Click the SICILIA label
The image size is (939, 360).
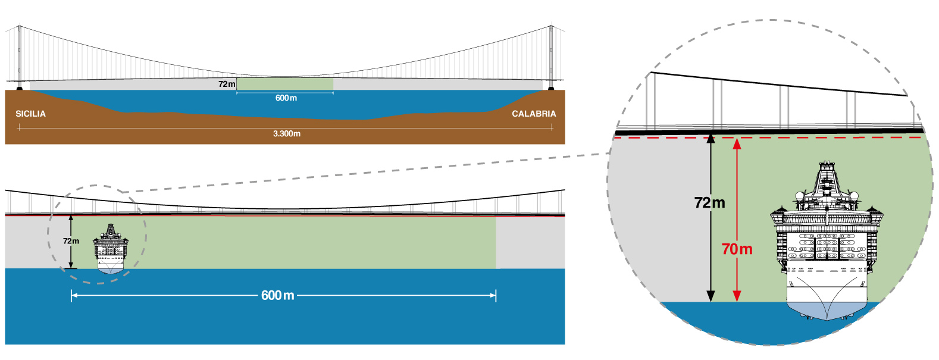coord(30,114)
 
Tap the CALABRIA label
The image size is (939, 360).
coord(534,114)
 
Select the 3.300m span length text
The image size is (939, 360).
coord(287,134)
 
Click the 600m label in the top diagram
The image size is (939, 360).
coord(286,98)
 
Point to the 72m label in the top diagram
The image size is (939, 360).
coord(227,84)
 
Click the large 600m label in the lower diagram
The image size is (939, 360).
coord(278,295)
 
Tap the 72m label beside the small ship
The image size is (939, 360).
coord(71,241)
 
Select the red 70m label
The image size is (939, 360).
coord(737,249)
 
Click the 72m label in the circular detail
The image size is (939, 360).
coord(710,203)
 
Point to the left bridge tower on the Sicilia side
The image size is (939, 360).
coord(20,57)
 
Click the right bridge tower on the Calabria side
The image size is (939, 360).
coord(551,57)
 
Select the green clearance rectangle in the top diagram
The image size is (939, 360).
coord(285,84)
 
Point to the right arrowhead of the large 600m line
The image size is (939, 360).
coord(493,295)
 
